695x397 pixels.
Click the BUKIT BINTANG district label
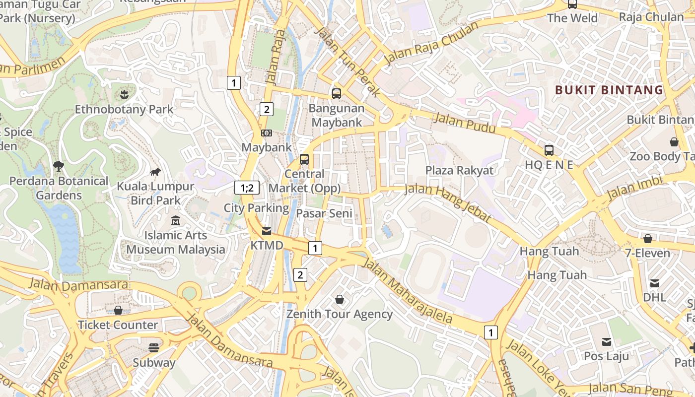[609, 90]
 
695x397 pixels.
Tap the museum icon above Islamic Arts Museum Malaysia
[175, 220]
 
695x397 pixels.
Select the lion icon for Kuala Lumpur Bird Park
[155, 172]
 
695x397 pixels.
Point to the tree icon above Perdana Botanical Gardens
[59, 166]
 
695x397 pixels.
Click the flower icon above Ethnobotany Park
[124, 94]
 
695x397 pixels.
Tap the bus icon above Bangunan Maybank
[336, 93]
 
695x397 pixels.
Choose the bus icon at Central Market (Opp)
[304, 159]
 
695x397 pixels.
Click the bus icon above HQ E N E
[549, 150]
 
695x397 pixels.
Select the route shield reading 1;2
[247, 188]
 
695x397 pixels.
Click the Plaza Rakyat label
[459, 170]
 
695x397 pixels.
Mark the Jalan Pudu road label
[465, 123]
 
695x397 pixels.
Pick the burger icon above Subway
[154, 347]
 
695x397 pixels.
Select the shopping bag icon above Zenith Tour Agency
[340, 299]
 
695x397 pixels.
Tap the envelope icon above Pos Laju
[606, 341]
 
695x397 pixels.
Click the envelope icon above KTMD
[267, 231]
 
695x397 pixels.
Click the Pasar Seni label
[324, 213]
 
